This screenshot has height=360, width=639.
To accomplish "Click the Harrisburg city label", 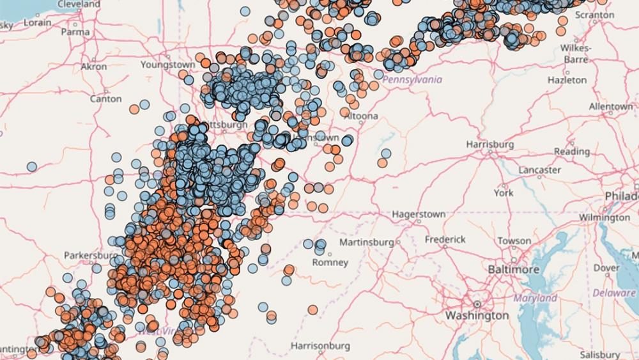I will [x=490, y=145].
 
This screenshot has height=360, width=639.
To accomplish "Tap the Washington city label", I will [x=477, y=316].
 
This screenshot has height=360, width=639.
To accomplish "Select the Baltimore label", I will [x=513, y=270].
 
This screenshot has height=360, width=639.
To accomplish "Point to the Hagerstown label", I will [x=419, y=214].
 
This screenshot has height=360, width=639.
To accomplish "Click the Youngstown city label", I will [x=168, y=65].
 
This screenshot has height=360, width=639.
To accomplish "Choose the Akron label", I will [x=94, y=67].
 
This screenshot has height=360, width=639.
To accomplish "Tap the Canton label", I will [x=105, y=99].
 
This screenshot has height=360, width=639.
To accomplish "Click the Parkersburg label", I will [x=91, y=255].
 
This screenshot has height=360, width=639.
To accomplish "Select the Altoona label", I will [x=362, y=116].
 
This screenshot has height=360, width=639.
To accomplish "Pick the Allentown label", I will [x=611, y=106].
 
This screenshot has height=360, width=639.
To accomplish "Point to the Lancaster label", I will [x=539, y=170].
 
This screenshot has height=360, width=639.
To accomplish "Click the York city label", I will [x=504, y=192].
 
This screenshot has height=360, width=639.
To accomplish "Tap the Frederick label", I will [x=445, y=239].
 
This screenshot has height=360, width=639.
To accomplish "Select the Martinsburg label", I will [x=366, y=242].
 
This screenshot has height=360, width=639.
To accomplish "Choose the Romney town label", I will [x=330, y=262].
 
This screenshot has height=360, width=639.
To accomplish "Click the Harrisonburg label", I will [x=320, y=346].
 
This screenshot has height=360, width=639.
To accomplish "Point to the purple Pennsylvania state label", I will [x=412, y=79].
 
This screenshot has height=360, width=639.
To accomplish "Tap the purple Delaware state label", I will [x=614, y=293].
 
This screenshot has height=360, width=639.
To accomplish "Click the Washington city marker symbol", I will [x=477, y=304].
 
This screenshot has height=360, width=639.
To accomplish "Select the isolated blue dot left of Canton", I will [x=31, y=167].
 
